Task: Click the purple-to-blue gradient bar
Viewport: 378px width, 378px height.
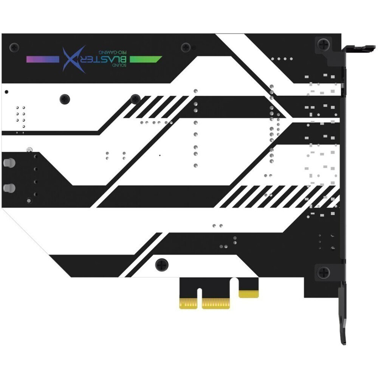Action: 43,59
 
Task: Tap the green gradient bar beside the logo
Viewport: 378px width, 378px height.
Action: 146,59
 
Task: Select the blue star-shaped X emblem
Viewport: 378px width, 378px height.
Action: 74,59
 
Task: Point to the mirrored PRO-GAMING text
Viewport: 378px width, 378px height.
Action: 112,52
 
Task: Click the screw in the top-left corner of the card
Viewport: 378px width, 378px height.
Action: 14,47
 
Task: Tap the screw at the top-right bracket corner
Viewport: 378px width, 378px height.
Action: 323,44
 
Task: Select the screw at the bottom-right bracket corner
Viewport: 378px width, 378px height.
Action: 323,273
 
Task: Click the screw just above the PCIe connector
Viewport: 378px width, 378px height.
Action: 162,265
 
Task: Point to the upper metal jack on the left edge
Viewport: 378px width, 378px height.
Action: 9,163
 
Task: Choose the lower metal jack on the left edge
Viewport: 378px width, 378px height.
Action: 9,188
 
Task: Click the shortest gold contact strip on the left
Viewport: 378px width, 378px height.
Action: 188,304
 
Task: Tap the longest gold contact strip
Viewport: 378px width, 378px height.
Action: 216,304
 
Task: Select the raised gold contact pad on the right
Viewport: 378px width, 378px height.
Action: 249,294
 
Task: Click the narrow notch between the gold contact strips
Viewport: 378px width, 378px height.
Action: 200,298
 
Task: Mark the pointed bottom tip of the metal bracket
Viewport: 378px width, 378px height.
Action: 344,343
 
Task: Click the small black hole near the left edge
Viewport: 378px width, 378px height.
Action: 6,92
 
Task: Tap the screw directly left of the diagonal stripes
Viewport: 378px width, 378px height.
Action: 135,99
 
